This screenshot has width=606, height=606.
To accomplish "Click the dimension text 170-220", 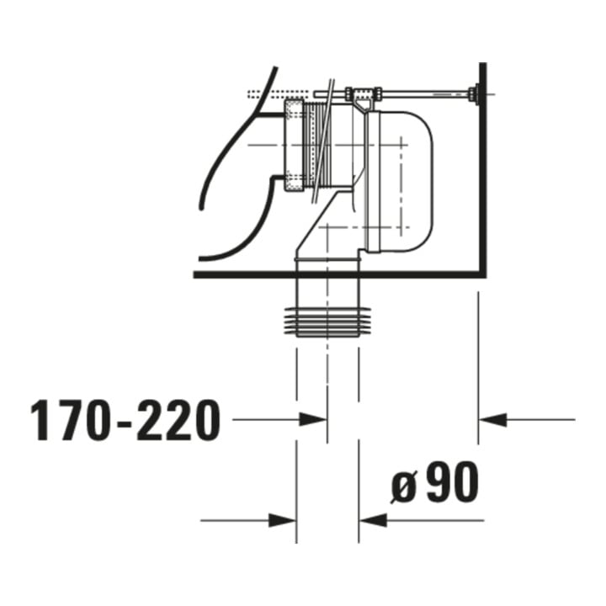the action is click(125, 421).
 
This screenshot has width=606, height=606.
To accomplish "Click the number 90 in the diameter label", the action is click(451, 481).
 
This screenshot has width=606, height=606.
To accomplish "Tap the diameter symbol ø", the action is click(404, 487).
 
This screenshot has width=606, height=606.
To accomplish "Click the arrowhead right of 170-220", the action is click(313, 419).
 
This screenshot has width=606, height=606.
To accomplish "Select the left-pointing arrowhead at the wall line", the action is click(492, 419).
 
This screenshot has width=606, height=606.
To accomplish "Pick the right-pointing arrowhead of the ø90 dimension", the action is click(283, 520).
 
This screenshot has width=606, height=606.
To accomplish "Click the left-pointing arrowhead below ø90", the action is click(373, 520).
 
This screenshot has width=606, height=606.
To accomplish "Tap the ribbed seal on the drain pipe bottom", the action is click(327, 322).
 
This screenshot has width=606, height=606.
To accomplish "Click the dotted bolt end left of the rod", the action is click(279, 93).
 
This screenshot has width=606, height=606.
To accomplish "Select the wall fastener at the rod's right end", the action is click(474, 93).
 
